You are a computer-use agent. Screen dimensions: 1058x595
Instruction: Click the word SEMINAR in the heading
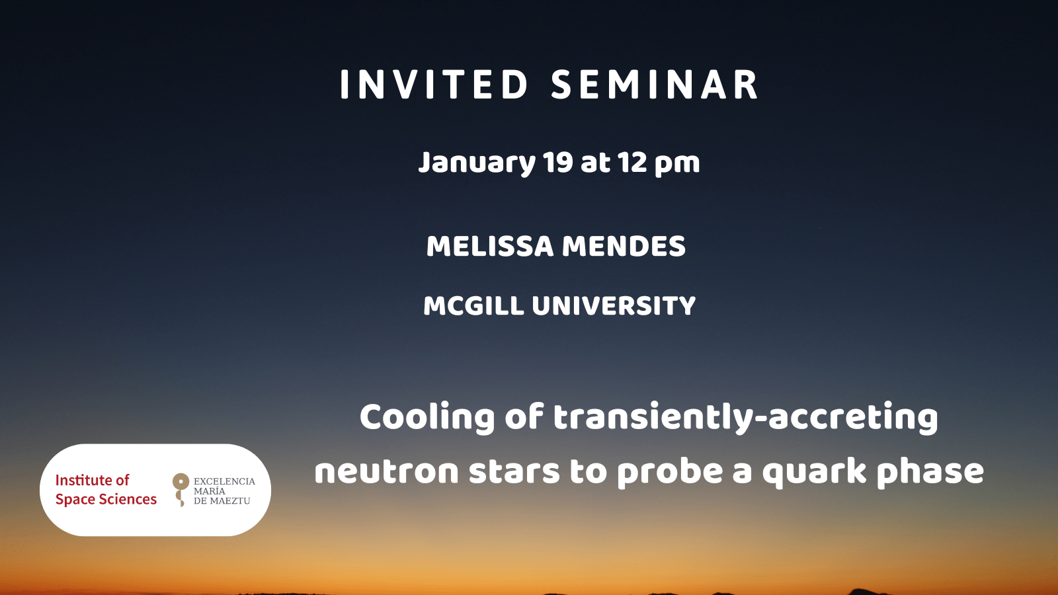click(x=655, y=85)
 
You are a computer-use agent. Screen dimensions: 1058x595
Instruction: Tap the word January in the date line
click(x=477, y=163)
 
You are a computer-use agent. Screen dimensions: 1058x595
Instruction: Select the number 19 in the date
click(x=558, y=162)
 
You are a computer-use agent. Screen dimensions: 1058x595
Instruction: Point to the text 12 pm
click(x=659, y=163)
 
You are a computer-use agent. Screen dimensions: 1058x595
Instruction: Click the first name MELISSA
click(x=490, y=246)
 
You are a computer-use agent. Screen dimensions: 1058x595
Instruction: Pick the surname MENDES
click(x=624, y=246)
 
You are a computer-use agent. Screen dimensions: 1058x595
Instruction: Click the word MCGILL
click(x=473, y=305)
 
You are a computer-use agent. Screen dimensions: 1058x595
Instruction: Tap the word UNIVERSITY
click(x=614, y=305)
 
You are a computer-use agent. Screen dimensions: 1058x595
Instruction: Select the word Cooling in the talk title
click(x=427, y=418)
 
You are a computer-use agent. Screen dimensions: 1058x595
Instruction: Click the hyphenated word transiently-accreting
click(x=745, y=418)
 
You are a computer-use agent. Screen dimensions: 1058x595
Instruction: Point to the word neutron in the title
click(x=386, y=471)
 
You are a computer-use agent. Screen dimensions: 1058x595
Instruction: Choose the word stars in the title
click(x=514, y=471)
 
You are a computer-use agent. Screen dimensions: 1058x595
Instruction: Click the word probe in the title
click(x=670, y=473)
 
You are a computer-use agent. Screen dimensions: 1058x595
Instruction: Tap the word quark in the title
click(x=814, y=473)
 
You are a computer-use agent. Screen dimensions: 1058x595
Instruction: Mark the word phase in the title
click(x=930, y=473)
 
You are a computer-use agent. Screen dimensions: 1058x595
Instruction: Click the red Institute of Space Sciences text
click(x=106, y=490)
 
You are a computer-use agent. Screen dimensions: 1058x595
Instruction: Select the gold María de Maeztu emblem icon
click(x=181, y=490)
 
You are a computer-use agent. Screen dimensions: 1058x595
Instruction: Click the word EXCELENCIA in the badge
click(x=224, y=481)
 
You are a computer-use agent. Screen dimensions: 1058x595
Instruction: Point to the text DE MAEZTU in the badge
click(x=222, y=500)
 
